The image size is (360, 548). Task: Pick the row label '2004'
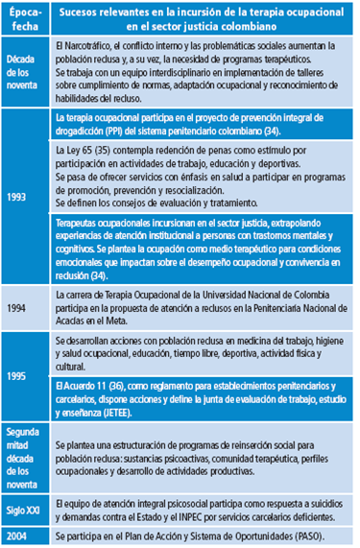point(18,535)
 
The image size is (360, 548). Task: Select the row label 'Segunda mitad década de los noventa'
point(23,460)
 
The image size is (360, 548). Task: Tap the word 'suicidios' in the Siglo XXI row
point(321,500)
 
